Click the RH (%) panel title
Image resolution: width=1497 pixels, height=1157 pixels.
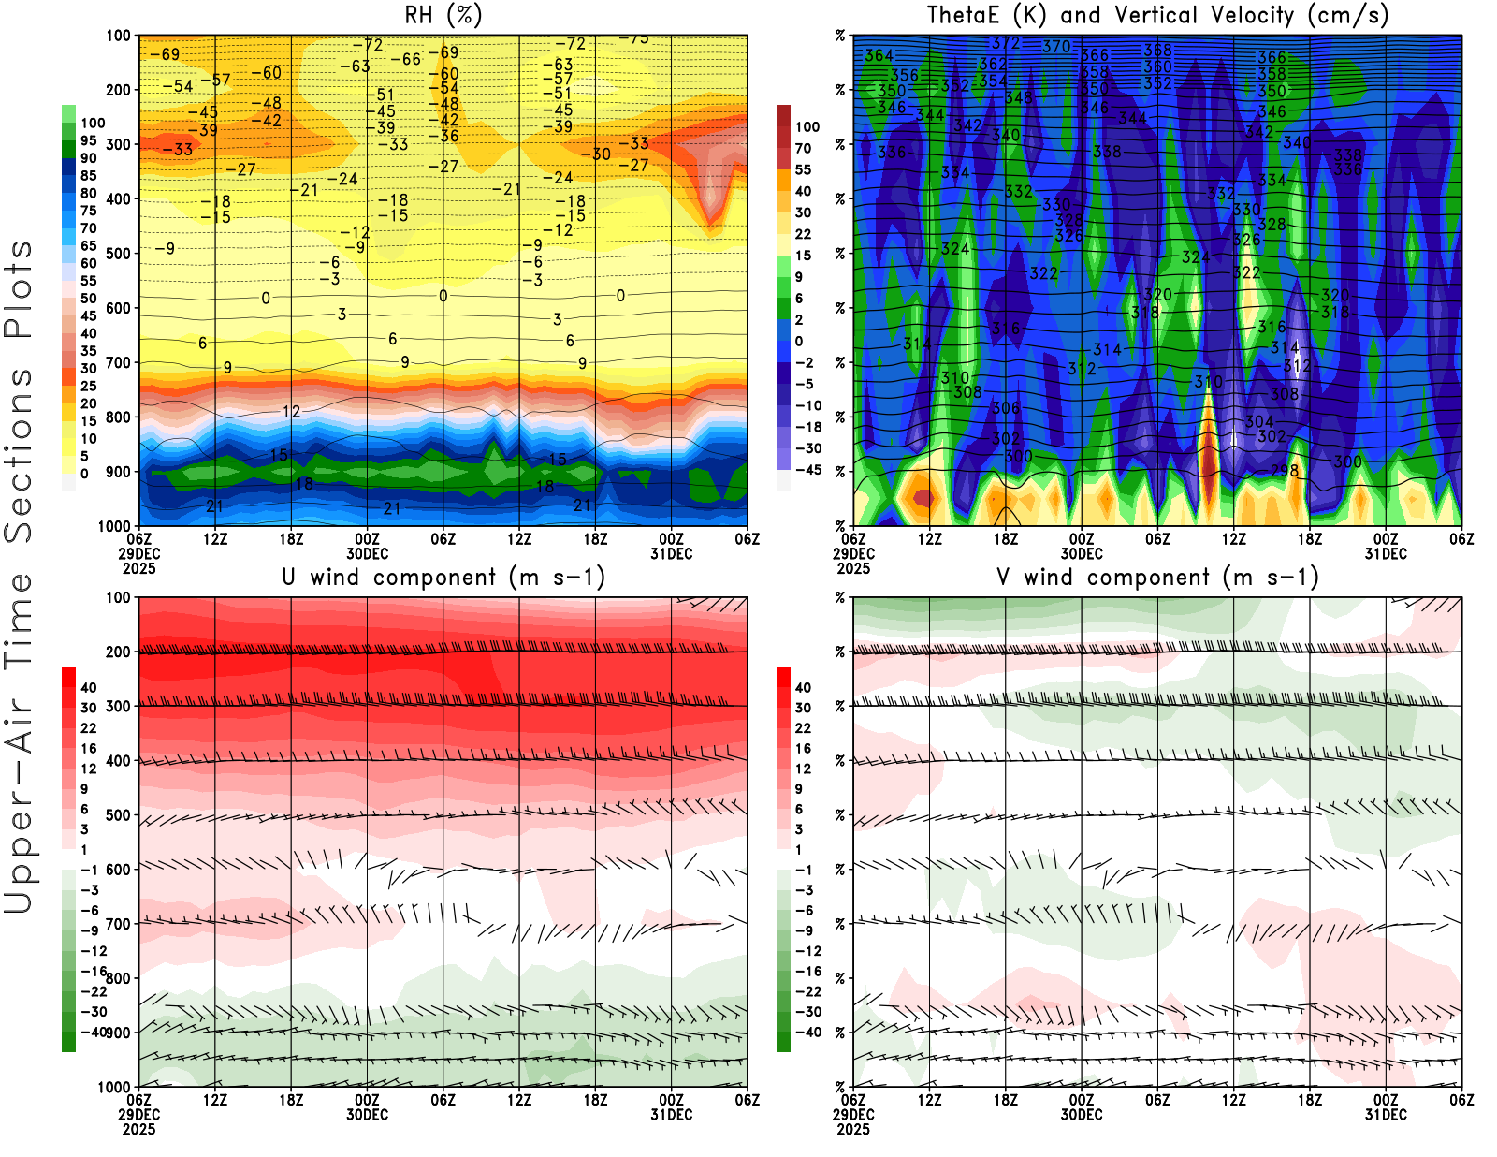click(443, 15)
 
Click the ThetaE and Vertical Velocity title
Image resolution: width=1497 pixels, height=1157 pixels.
click(1157, 15)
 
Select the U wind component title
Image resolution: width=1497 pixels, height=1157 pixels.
click(443, 578)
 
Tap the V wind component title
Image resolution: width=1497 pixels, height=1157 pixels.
click(1157, 578)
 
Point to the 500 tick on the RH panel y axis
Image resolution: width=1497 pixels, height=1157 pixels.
click(119, 253)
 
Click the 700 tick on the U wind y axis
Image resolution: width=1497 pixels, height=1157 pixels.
click(119, 924)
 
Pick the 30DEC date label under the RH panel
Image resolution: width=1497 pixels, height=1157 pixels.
click(367, 553)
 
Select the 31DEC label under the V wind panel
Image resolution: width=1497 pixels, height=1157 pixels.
click(1386, 1115)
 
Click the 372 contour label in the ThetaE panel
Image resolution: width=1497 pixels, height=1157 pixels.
click(1006, 43)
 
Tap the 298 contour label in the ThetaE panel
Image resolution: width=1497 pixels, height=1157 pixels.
click(1285, 470)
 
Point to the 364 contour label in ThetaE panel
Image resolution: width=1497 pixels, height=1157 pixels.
click(879, 55)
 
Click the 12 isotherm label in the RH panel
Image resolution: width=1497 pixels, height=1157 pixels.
click(291, 411)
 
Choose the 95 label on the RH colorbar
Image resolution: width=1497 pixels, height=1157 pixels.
click(89, 140)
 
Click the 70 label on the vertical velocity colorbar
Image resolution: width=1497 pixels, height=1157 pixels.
click(803, 148)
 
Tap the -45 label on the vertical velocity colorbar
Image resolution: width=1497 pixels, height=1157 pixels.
click(807, 470)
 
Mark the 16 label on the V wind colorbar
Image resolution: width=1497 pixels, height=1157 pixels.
click(803, 748)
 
